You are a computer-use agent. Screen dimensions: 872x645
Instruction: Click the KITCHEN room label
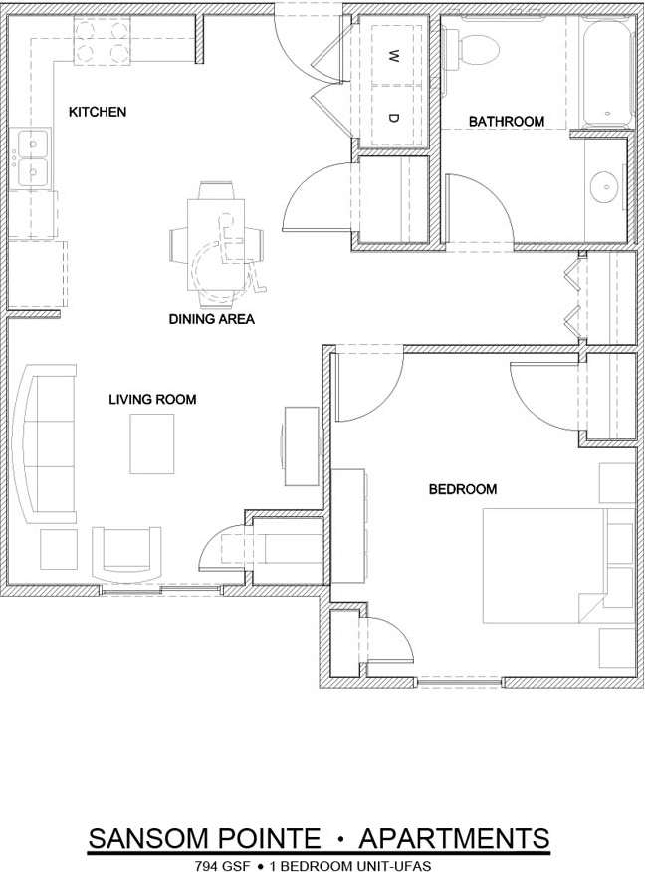point(97,112)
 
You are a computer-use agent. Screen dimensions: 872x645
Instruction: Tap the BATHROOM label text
point(507,122)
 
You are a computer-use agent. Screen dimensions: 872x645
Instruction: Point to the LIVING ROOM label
point(152,400)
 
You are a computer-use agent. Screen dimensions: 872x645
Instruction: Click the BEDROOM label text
point(462,489)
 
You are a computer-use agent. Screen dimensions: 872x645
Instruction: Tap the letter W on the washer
point(393,53)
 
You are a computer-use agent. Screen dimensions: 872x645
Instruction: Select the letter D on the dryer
point(393,118)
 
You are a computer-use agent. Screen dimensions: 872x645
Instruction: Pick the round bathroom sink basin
point(603,185)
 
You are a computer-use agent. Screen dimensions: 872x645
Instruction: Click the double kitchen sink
point(31,159)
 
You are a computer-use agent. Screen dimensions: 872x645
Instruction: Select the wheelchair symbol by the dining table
point(227,262)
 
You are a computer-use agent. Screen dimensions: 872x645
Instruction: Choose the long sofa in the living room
point(46,443)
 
